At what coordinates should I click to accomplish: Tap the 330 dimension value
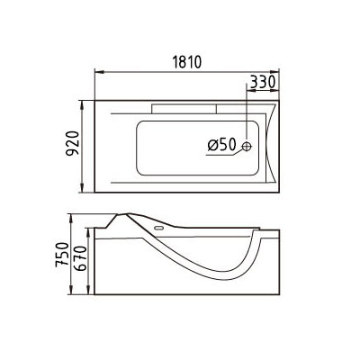pyautogui.click(x=261, y=82)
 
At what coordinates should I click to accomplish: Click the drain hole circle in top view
pyautogui.click(x=245, y=147)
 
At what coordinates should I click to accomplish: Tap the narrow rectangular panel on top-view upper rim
pyautogui.click(x=185, y=105)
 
